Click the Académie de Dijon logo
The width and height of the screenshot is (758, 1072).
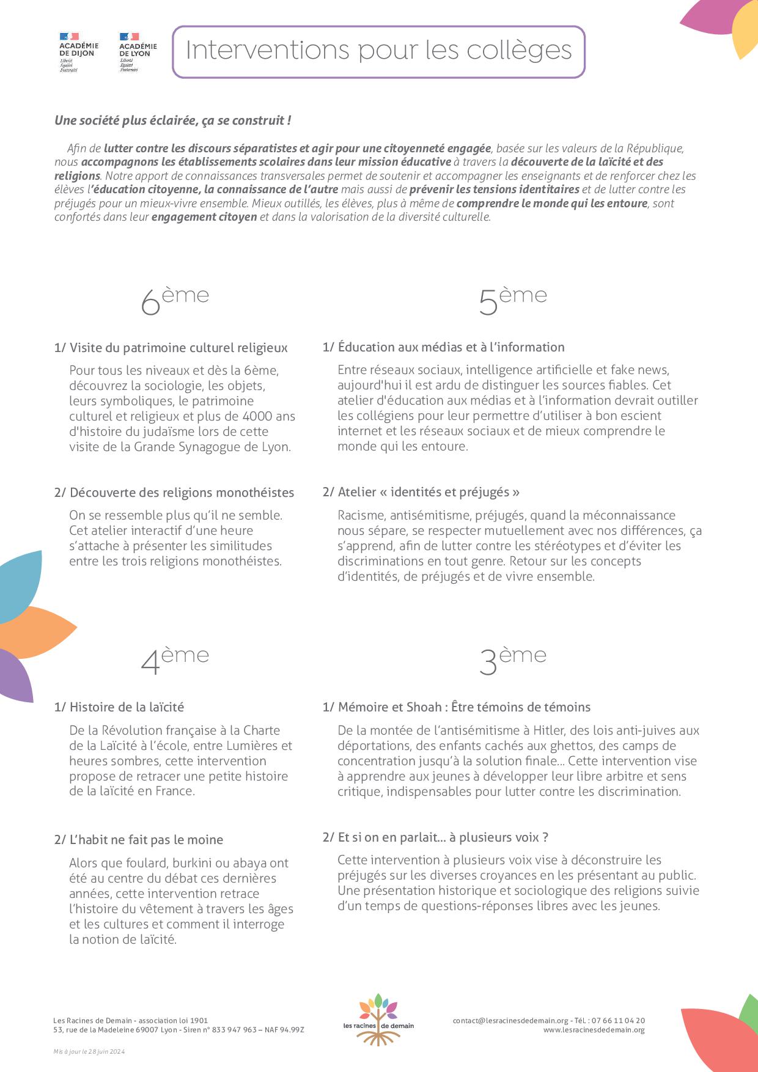pos(78,52)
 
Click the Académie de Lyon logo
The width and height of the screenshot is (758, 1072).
pos(138,52)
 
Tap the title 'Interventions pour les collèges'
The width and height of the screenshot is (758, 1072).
pos(378,51)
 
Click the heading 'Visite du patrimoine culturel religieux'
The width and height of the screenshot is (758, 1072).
pos(171,348)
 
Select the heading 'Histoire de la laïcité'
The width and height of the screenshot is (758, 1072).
pos(119,707)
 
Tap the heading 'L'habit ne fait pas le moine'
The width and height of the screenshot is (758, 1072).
pos(139,840)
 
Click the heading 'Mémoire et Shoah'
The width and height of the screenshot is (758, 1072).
pos(457,707)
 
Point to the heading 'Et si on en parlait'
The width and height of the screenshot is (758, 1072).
pos(435,837)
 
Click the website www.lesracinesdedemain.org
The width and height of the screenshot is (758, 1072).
pos(594,1030)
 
